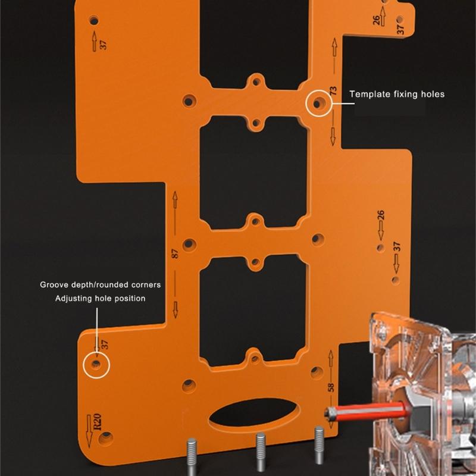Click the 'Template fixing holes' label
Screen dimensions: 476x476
tap(397, 94)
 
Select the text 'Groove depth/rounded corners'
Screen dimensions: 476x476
tap(101, 285)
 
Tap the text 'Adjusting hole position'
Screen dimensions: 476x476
tap(101, 299)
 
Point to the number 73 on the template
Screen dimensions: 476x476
tap(334, 92)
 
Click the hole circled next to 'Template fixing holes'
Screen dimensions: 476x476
tap(318, 103)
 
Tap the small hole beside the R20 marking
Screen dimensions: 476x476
tap(107, 438)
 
